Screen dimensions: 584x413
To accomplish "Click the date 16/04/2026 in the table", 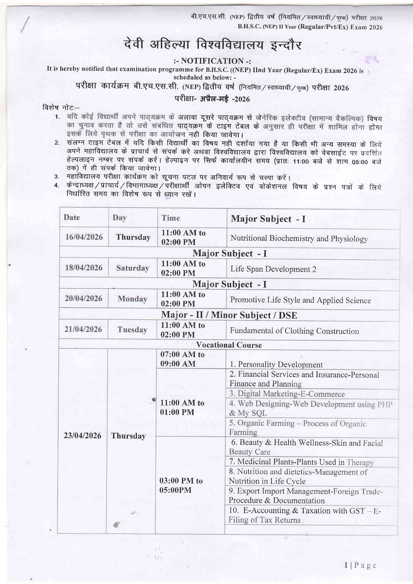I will [84, 237].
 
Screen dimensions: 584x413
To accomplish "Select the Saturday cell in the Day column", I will [132, 268].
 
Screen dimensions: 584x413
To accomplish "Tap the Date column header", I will [72, 218].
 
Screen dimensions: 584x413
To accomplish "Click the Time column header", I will [171, 218].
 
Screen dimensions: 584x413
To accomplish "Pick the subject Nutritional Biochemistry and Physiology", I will [299, 239].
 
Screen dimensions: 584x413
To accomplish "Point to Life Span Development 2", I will [273, 269].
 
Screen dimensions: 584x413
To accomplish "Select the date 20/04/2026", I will [83, 299].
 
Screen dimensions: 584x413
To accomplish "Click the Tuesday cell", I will [132, 330].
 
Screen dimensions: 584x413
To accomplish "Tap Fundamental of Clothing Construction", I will [294, 331].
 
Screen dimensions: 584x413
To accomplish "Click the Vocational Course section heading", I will [229, 345].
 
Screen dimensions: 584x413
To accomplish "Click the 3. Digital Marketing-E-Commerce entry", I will [287, 394].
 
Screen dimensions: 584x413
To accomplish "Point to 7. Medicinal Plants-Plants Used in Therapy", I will [301, 462].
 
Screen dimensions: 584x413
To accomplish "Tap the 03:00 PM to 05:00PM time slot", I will [181, 485].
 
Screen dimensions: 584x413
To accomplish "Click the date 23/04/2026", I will [82, 436].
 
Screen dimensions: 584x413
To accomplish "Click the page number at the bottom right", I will [360, 565].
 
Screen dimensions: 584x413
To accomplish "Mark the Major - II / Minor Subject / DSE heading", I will [229, 315].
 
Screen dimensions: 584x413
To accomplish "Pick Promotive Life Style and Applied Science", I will [300, 300].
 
